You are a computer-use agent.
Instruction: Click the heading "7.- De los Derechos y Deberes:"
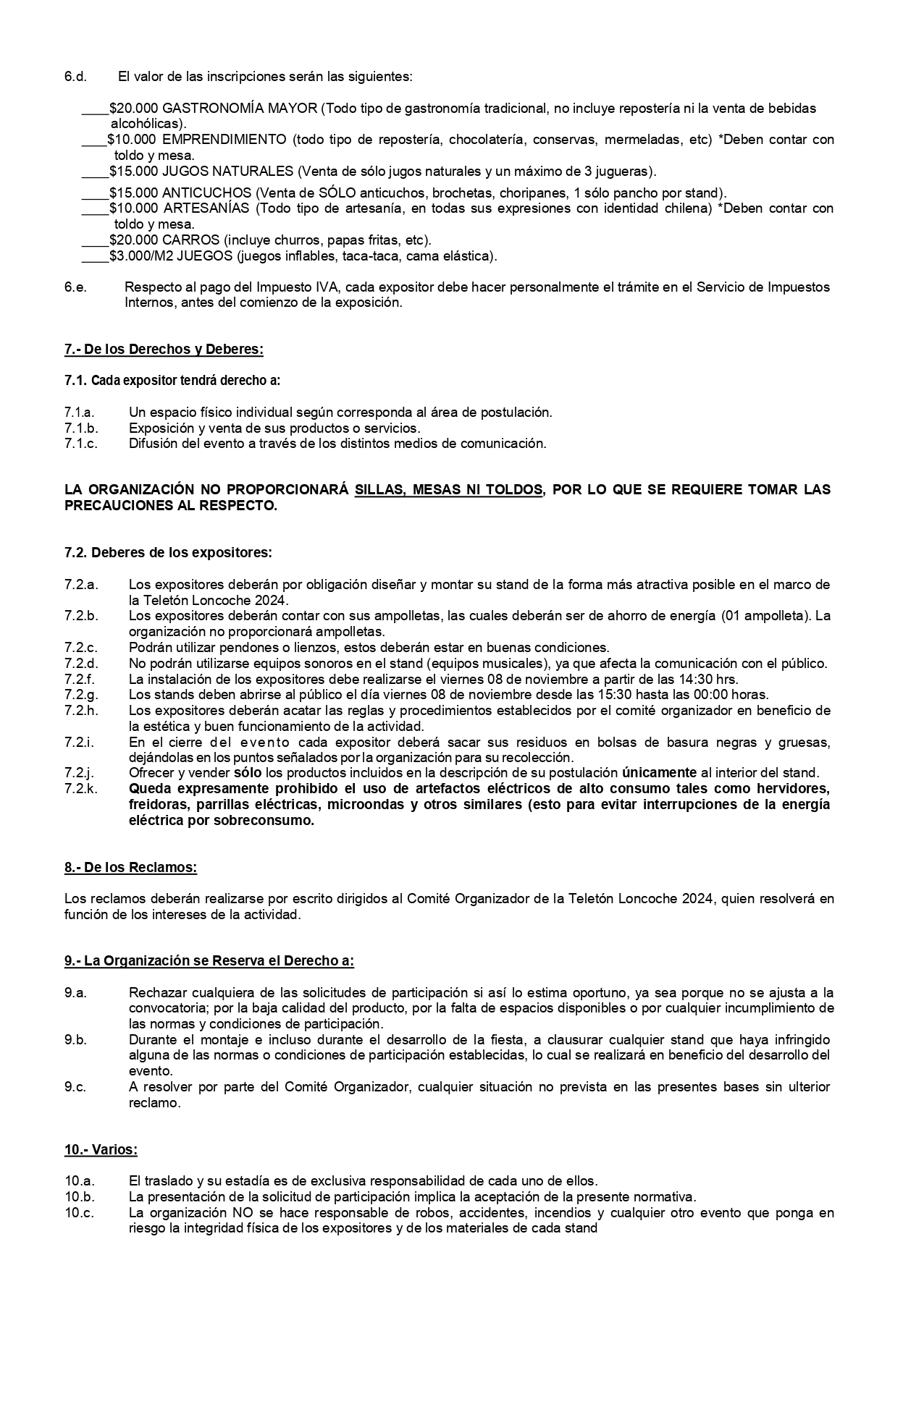[164, 350]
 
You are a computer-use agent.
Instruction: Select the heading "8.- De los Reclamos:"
[130, 867]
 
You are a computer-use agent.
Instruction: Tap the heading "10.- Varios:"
[101, 1149]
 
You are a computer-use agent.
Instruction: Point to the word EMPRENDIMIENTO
[224, 140]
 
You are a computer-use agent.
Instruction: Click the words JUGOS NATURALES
[228, 172]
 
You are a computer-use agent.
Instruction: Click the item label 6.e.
[75, 287]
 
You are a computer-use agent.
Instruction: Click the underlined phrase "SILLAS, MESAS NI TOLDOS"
[448, 490]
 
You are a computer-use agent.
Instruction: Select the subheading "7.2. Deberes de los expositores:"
[168, 553]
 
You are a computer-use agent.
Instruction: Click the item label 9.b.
[75, 1040]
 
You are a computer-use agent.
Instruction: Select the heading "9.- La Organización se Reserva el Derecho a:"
[209, 961]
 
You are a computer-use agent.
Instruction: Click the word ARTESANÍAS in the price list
[207, 208]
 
